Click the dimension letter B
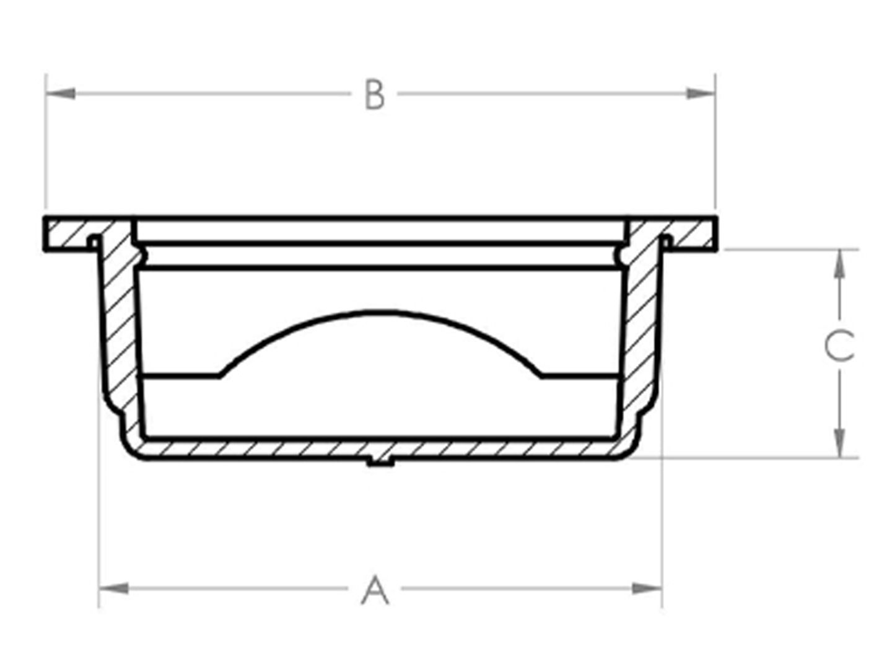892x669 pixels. coord(375,95)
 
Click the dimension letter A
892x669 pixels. coord(375,590)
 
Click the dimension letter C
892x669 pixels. coord(840,346)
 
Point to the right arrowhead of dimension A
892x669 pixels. coord(647,588)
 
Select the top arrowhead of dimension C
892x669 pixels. coord(839,263)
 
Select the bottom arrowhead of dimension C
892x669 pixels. coord(839,444)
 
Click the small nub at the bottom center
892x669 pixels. coord(380,461)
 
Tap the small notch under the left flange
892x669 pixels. coord(94,238)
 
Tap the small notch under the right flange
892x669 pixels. coord(667,238)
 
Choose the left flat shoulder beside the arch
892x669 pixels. coord(180,375)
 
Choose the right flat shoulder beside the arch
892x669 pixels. coord(579,375)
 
